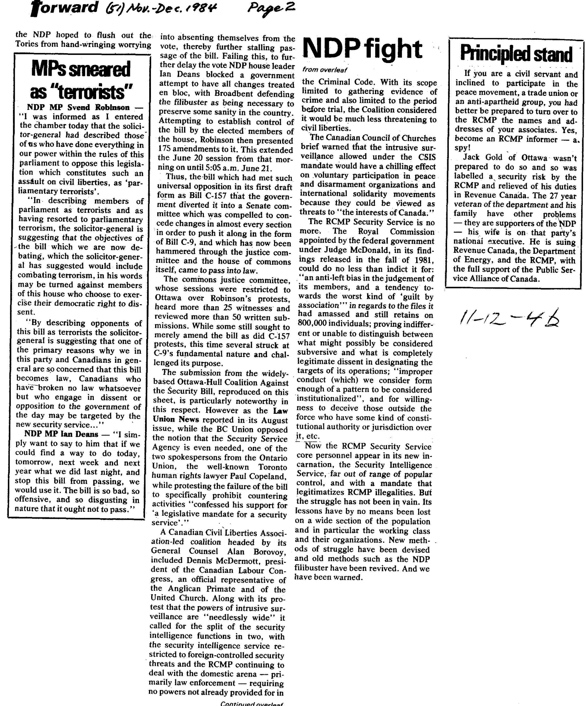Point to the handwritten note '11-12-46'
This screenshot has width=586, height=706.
(x=509, y=318)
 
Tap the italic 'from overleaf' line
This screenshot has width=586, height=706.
(x=324, y=70)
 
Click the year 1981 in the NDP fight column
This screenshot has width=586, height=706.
(x=425, y=260)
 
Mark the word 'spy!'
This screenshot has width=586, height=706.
(x=462, y=148)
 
